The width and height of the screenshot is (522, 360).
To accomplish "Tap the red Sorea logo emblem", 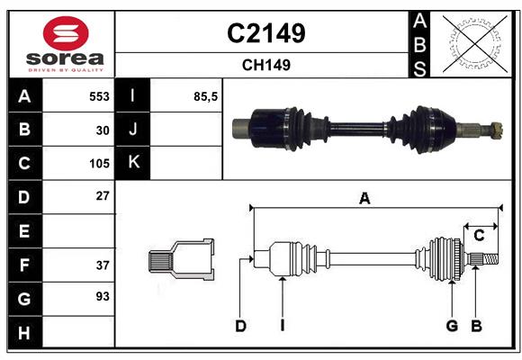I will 65,35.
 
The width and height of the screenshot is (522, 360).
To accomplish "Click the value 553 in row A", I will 98,95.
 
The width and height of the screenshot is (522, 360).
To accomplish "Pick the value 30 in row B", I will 103,130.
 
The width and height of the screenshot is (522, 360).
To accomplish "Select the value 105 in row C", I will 98,164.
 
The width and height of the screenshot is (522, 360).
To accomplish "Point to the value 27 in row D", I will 103,195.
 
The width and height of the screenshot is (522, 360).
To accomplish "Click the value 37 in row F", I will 103,265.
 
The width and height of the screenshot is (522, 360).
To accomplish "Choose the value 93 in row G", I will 103,296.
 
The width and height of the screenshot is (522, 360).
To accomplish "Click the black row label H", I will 23,333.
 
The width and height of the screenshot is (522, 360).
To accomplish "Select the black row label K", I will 133,163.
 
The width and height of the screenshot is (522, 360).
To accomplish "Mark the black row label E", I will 23,231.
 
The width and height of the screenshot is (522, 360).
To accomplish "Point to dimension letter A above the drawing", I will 364,199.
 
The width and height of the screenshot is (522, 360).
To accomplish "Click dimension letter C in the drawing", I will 480,235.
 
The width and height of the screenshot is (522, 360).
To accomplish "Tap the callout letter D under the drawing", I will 240,326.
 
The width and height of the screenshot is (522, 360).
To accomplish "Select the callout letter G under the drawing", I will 452,326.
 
